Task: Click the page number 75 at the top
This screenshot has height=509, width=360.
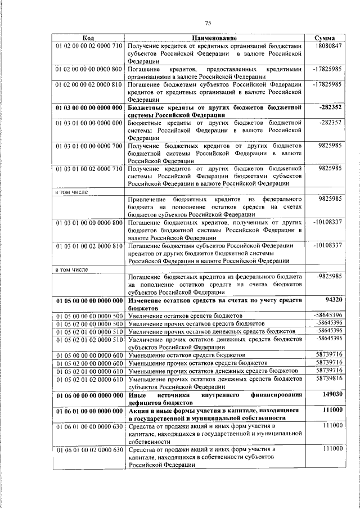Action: click(x=208, y=22)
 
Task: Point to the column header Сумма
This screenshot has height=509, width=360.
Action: click(x=326, y=38)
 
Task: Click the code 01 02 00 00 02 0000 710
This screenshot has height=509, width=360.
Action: click(x=89, y=46)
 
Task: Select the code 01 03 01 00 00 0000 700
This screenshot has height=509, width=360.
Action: click(x=89, y=146)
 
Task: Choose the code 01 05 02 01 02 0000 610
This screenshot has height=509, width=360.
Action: click(x=89, y=380)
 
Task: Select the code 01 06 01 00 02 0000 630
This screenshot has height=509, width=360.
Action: click(x=89, y=451)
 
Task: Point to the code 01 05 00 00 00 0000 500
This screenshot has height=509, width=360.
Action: click(x=89, y=317)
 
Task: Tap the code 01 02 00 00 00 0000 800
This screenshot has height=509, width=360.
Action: click(x=89, y=69)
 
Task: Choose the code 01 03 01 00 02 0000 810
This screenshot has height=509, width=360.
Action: click(x=89, y=246)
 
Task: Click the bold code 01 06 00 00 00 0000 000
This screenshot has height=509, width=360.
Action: click(x=89, y=396)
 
